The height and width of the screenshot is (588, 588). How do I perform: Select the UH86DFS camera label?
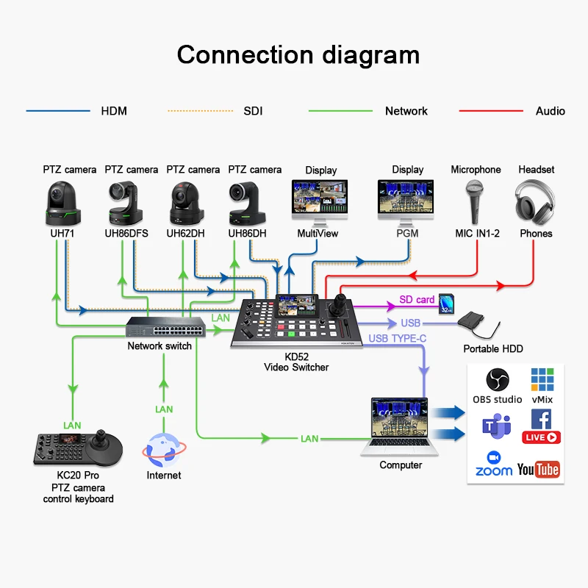pyautogui.click(x=131, y=234)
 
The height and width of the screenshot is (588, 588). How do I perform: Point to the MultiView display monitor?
pyautogui.click(x=320, y=201)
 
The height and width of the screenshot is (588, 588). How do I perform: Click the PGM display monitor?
pyautogui.click(x=407, y=201)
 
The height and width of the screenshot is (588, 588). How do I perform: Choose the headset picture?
pyautogui.click(x=536, y=201)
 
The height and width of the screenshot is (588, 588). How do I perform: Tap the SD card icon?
pyautogui.click(x=445, y=304)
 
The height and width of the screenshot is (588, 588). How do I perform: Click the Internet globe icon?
pyautogui.click(x=163, y=450)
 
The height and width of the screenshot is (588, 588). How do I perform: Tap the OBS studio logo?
pyautogui.click(x=498, y=380)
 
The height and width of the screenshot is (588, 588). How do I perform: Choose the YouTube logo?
pyautogui.click(x=538, y=470)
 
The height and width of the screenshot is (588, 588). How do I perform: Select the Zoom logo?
pyautogui.click(x=494, y=464)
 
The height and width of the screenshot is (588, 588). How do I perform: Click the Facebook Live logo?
pyautogui.click(x=541, y=426)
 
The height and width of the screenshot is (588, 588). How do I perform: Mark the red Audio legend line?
pyautogui.click(x=490, y=111)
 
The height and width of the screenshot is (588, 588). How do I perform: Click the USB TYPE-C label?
pyautogui.click(x=397, y=338)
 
